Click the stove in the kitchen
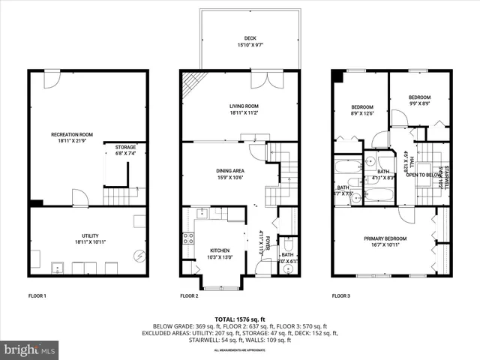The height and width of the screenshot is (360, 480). pyautogui.click(x=188, y=240)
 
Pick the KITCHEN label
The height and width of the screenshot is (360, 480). pyautogui.click(x=220, y=250)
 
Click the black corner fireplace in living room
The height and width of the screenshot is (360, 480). pyautogui.click(x=192, y=81)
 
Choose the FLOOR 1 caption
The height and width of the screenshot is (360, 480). pyautogui.click(x=37, y=296)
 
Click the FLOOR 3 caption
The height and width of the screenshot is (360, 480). pyautogui.click(x=342, y=296)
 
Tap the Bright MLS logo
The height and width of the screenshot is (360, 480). pyautogui.click(x=30, y=349)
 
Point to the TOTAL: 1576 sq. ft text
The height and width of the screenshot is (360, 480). pyautogui.click(x=239, y=320)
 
